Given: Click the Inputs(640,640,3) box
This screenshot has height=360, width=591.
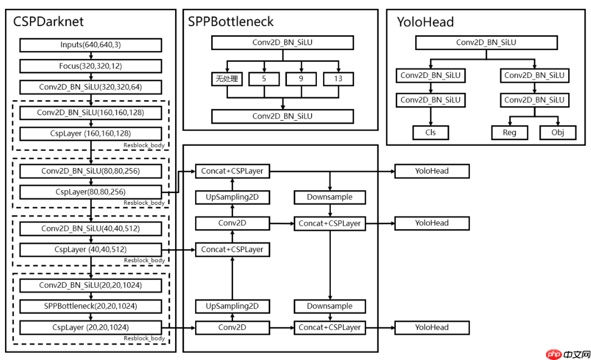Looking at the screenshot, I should click(91, 45).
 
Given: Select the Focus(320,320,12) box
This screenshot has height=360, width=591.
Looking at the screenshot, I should click(91, 66).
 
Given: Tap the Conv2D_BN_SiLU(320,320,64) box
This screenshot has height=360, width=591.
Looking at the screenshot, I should click(91, 87).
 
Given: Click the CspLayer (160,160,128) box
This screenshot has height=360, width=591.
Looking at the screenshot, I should click(91, 134).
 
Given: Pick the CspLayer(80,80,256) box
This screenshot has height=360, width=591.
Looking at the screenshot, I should click(91, 192).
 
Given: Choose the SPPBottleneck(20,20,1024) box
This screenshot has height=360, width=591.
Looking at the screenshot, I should click(91, 306).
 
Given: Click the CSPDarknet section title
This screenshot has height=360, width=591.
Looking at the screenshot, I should click(48, 22).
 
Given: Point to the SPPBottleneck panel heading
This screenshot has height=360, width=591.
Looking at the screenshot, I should click(231, 22).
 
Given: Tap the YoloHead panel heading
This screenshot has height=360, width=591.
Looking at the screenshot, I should click(425, 22).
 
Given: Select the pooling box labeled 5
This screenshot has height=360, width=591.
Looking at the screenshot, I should click(264, 79).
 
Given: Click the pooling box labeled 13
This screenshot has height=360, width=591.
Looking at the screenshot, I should click(338, 79).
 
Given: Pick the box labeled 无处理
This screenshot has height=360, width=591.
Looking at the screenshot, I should click(227, 79).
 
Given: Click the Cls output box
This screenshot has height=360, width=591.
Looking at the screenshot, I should click(430, 132).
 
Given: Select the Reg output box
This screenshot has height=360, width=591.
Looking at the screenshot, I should click(509, 132).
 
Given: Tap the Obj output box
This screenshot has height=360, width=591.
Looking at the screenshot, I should click(558, 132).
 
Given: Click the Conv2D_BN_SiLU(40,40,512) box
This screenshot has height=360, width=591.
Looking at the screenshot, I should click(91, 229).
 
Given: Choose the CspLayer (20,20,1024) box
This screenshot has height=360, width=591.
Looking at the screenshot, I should click(91, 327).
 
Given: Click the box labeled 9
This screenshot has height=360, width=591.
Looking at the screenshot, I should click(301, 79).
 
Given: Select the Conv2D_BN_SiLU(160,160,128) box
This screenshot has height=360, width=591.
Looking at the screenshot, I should click(91, 113).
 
